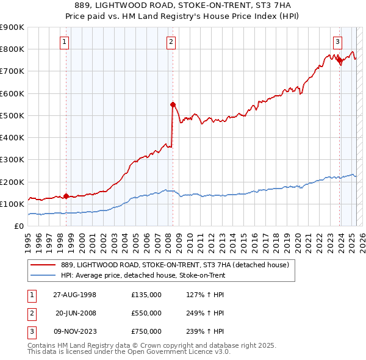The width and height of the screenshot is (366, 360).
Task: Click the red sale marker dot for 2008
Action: pos(173,104)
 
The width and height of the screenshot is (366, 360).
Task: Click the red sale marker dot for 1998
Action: pos(66,196)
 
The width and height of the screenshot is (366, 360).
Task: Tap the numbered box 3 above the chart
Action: pos(337,41)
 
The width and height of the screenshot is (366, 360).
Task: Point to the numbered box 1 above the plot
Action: pos(63,41)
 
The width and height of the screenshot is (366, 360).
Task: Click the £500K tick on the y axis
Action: pos(12,115)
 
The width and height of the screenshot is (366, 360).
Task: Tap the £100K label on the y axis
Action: pos(12,204)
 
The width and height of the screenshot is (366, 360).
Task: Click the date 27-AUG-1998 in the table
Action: pos(75,295)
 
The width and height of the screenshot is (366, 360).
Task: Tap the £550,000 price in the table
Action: pos(146,313)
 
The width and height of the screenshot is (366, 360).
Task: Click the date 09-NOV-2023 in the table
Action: pos(75,331)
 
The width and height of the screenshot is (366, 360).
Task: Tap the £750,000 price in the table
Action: pos(146,331)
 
